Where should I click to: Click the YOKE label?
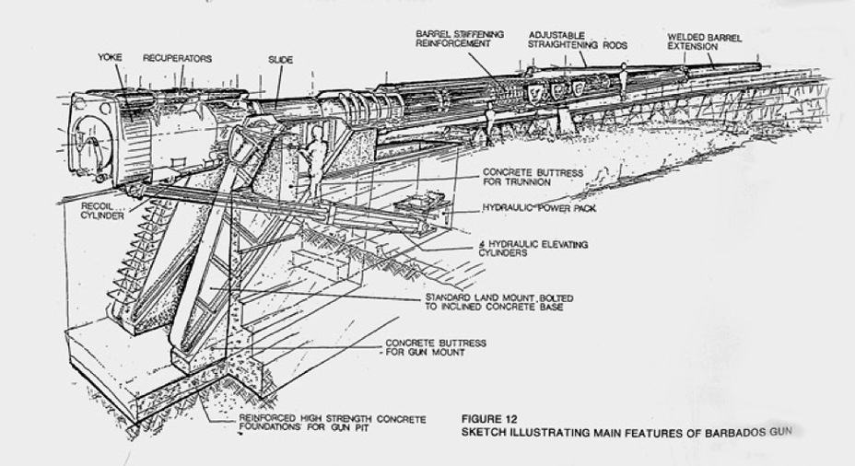[x=110, y=58]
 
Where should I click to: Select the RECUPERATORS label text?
[x=177, y=58]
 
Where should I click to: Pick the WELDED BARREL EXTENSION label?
[x=705, y=41]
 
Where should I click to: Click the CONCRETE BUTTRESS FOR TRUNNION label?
[x=532, y=177]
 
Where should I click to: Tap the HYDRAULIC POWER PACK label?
[x=539, y=208]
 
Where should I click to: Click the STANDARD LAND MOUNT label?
[x=493, y=302]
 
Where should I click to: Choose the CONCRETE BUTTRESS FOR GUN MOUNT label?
[x=435, y=347]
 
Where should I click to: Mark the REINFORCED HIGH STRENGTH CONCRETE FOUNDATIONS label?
[x=333, y=422]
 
